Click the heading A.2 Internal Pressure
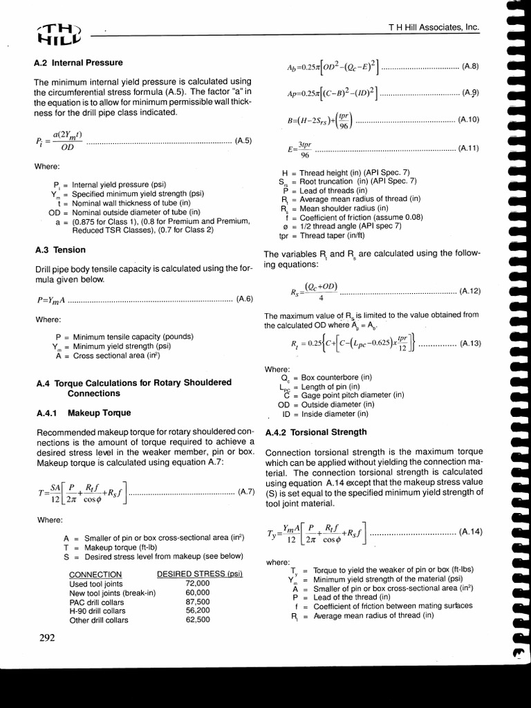(78, 62)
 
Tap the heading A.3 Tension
(60, 250)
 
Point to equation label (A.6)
(245, 299)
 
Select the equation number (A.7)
(247, 492)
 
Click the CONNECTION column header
(96, 575)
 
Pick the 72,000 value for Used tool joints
(197, 584)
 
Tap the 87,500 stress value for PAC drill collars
(197, 602)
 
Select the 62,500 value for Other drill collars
(197, 619)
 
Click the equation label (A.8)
(470, 66)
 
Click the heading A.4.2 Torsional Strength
(315, 432)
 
